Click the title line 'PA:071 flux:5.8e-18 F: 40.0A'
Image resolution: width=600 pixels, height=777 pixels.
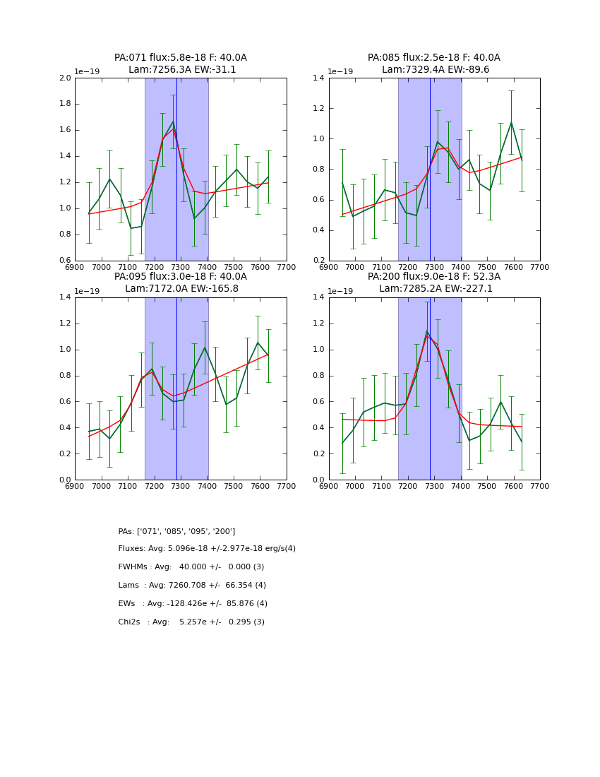tap(181, 58)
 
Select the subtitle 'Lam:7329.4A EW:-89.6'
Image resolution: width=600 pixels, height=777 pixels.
tap(435, 70)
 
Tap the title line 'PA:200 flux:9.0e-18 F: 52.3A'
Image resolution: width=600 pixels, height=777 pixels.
tap(434, 277)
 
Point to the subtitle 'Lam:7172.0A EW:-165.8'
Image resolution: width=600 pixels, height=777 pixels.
tap(181, 289)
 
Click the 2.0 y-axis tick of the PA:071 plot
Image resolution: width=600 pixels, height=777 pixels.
tap(64, 78)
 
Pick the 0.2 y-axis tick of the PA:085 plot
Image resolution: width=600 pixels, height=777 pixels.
tap(318, 261)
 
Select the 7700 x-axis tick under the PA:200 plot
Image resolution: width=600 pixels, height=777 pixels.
tap(540, 486)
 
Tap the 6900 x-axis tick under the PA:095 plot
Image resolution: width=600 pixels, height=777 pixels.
tap(75, 486)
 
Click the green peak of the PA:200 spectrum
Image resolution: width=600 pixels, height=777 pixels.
tap(427, 331)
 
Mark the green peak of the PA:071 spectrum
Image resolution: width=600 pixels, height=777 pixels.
tap(173, 121)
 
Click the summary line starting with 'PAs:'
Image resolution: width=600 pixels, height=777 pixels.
tap(176, 531)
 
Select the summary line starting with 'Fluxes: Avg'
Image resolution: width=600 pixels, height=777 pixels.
tap(207, 549)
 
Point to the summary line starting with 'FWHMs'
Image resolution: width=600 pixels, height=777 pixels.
tap(191, 567)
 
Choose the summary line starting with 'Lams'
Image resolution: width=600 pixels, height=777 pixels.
tap(192, 586)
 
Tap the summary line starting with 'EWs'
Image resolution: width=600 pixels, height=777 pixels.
tap(193, 604)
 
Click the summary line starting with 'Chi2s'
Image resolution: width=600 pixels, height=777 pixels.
tap(191, 622)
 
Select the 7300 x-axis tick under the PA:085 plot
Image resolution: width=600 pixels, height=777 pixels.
tap(434, 267)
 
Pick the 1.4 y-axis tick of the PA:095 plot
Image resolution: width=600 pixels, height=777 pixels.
tap(64, 297)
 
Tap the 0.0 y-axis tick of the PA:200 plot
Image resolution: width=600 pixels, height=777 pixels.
tap(318, 480)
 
